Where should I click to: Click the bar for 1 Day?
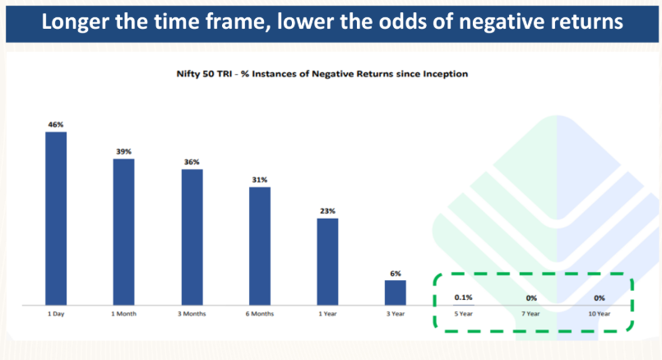coord(56,218)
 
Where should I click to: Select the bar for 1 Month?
coord(123,232)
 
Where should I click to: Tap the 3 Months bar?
coord(192,238)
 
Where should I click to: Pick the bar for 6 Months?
coord(260,246)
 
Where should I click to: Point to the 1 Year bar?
coord(327,261)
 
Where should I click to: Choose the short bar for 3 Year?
coord(396,293)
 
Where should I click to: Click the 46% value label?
coord(56,124)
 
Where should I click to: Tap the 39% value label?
coord(123,151)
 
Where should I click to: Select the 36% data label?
coord(192,162)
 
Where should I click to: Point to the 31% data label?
coord(260,180)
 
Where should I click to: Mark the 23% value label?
coord(327,211)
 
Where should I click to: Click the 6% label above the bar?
coord(396,274)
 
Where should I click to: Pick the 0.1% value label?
coord(463,298)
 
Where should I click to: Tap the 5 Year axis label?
coord(463,314)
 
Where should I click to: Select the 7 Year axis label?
coord(530,314)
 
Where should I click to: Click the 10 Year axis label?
coord(600,314)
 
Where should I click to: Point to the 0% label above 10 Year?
coord(600,298)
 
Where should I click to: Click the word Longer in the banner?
coord(75,22)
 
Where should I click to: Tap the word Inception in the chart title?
coord(446,74)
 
